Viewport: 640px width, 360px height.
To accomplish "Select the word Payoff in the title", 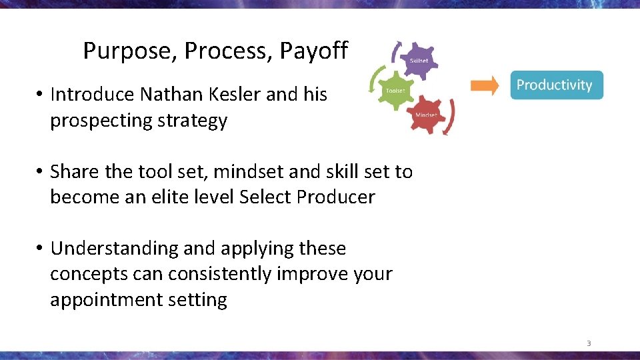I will pyautogui.click(x=313, y=51).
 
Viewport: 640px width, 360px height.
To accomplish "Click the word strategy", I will pyautogui.click(x=194, y=121).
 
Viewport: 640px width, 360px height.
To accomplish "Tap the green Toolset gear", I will pyautogui.click(x=396, y=91).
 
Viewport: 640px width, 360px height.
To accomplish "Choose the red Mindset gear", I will pyautogui.click(x=426, y=115).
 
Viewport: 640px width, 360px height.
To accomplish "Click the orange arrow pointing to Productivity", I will pyautogui.click(x=485, y=85).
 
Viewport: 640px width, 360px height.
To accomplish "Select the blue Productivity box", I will pyautogui.click(x=556, y=85).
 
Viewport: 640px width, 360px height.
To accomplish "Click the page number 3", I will pyautogui.click(x=589, y=344).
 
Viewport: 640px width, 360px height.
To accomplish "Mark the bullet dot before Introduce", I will pyautogui.click(x=40, y=95).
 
